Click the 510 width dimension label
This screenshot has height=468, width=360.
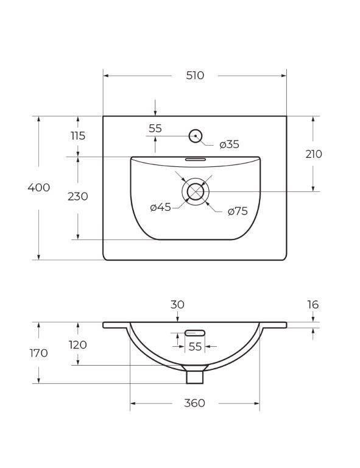click(195, 76)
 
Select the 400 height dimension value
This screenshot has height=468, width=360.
click(39, 188)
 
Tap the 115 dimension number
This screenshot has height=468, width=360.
click(78, 136)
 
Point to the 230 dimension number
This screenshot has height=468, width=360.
click(78, 196)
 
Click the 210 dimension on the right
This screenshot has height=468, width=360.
click(314, 154)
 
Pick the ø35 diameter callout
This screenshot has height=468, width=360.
click(229, 144)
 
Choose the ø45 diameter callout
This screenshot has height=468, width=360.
click(161, 207)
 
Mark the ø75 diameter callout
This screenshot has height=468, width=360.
click(238, 211)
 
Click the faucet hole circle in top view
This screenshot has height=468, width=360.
click(196, 136)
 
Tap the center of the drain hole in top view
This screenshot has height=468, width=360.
click(196, 191)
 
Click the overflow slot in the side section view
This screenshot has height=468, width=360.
click(195, 333)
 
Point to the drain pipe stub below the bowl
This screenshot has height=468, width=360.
click(195, 376)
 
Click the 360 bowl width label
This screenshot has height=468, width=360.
click(195, 403)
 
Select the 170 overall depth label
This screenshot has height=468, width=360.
click(38, 353)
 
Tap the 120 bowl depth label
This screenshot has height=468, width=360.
click(78, 345)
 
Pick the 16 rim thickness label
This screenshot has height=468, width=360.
click(312, 305)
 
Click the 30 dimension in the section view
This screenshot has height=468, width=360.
click(177, 305)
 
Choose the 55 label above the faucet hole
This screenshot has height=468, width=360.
click(155, 129)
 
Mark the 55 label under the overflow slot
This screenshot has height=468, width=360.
click(195, 346)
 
